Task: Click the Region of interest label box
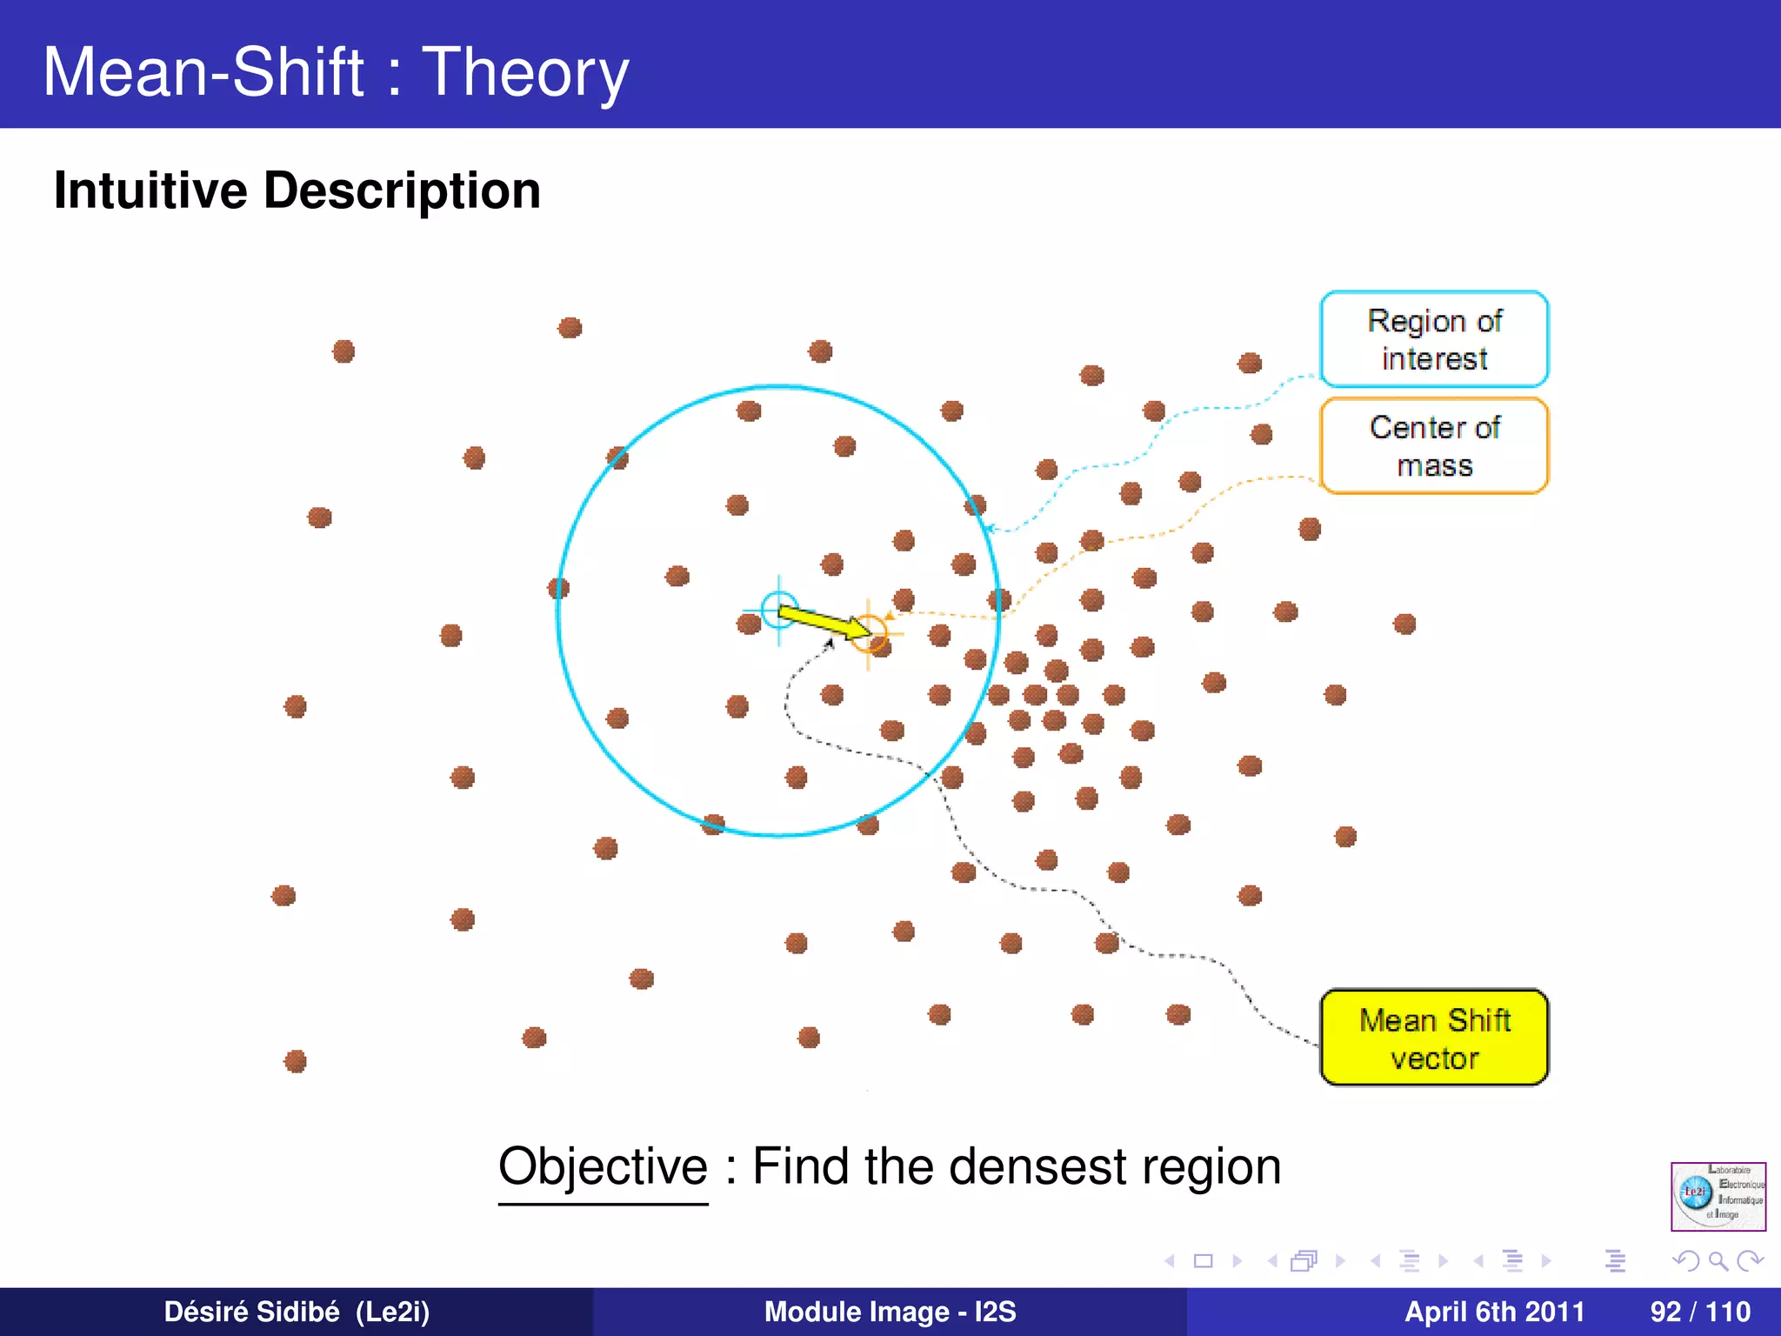[1434, 339]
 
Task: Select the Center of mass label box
[1434, 446]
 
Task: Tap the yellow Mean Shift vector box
[1434, 1038]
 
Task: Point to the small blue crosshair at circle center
[778, 609]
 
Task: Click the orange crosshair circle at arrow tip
[868, 633]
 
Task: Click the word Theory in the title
[525, 71]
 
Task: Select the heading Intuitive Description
[297, 190]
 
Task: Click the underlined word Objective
[603, 1166]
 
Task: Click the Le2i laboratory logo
[1718, 1196]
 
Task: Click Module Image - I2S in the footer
[890, 1312]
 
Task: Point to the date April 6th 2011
[1495, 1312]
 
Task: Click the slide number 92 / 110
[1700, 1312]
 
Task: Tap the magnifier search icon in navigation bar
[1718, 1260]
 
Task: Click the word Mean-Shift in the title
[203, 71]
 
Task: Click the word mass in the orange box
[1434, 466]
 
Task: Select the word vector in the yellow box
[1434, 1059]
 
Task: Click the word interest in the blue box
[1434, 358]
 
